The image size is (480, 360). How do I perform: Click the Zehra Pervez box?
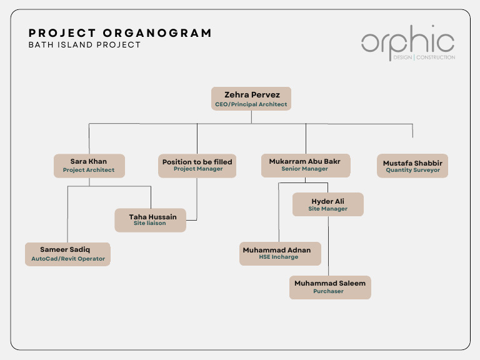(x=251, y=99)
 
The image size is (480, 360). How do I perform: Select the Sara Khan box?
(x=89, y=165)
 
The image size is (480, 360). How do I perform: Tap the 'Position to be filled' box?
(x=197, y=165)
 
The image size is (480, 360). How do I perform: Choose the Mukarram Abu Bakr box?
(x=305, y=165)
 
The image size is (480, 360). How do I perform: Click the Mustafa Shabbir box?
(x=412, y=166)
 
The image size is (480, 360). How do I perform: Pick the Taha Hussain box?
(x=150, y=220)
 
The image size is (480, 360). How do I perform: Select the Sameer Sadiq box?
(x=67, y=254)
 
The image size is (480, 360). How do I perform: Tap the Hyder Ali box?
(x=327, y=204)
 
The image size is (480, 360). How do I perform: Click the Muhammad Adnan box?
(x=281, y=253)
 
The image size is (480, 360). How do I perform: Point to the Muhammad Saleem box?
(x=329, y=287)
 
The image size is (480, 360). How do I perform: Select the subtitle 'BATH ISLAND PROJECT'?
(x=84, y=45)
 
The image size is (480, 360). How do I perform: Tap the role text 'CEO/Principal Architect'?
(x=251, y=104)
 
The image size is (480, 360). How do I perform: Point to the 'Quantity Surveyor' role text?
(x=412, y=170)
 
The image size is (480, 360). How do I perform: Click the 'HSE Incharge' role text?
(x=279, y=257)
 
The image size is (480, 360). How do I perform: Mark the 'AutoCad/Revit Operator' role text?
(x=68, y=259)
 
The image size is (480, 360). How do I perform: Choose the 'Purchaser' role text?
(x=328, y=291)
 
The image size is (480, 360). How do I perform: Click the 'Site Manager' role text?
(x=327, y=209)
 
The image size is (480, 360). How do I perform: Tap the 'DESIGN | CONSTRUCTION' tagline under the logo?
(x=424, y=57)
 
